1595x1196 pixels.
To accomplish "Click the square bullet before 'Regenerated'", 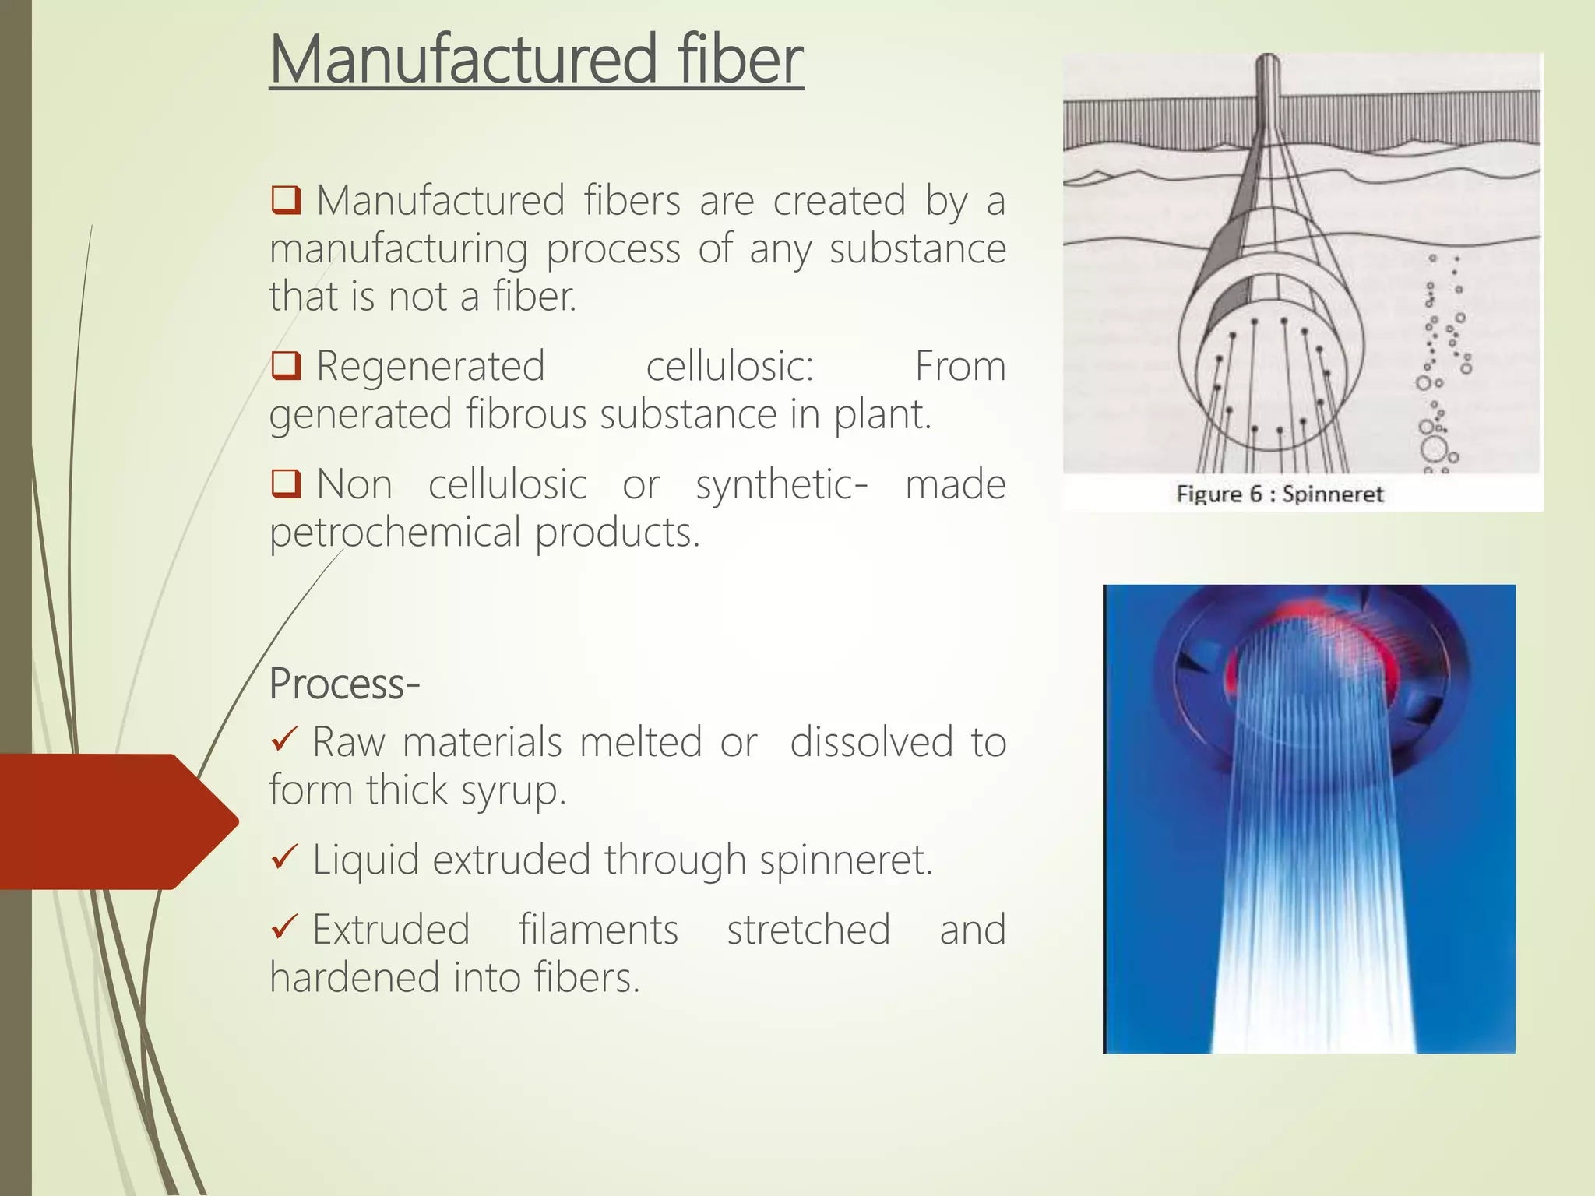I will pos(286,366).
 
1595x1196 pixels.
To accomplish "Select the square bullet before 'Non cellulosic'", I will pos(286,484).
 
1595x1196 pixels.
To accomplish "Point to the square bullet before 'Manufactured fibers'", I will pos(286,200).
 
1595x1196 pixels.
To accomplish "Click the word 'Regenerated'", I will pos(431,366).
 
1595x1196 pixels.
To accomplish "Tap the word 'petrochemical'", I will pos(395,533).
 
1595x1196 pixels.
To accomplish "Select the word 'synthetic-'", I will pos(781,485).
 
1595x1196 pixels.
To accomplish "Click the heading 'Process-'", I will pos(344,684).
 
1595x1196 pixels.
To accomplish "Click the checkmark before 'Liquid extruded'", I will pos(284,858).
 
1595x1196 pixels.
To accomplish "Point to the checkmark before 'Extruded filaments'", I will pos(284,928).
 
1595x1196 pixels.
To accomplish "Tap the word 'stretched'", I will pos(808,930).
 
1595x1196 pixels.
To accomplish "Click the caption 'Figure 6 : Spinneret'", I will pos(1280,494).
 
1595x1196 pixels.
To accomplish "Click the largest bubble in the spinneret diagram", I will pos(1434,449).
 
